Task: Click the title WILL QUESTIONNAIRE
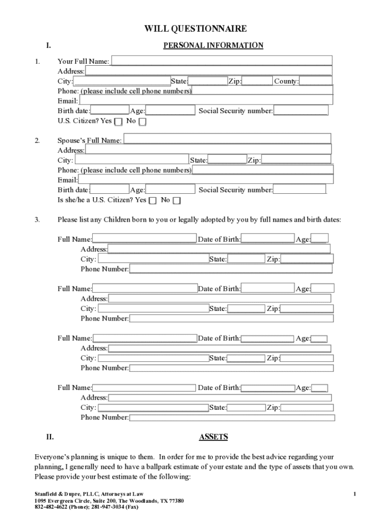click(x=195, y=29)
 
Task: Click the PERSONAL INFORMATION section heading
click(x=213, y=45)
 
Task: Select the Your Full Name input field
click(x=221, y=61)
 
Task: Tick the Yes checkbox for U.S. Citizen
click(x=118, y=121)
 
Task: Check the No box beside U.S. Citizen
click(x=143, y=121)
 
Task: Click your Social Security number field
click(x=300, y=111)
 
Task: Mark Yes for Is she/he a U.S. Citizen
click(x=153, y=200)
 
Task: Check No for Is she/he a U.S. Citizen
click(x=177, y=200)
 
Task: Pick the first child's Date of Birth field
click(x=268, y=239)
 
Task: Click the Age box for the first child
click(x=319, y=239)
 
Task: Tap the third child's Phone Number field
click(x=231, y=368)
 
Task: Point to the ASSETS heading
click(x=213, y=437)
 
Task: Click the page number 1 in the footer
click(x=354, y=494)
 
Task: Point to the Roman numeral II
click(x=50, y=437)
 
